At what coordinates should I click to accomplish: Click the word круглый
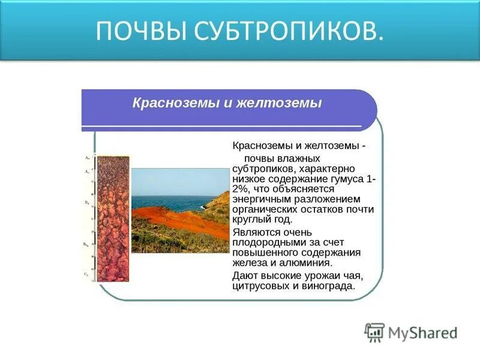click(x=251, y=220)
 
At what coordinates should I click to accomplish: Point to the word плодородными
click(x=268, y=242)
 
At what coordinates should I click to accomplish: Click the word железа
click(x=250, y=262)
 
